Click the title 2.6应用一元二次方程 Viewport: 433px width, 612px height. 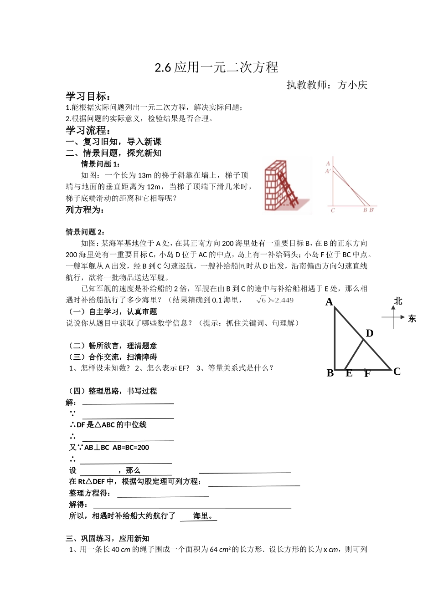click(x=216, y=67)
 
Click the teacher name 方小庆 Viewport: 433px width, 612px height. click(x=352, y=85)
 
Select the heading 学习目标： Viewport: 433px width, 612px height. click(x=88, y=97)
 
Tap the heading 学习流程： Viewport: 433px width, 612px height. click(x=88, y=131)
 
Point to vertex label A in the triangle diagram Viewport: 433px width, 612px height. click(x=329, y=302)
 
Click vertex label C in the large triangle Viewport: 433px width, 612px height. click(x=397, y=372)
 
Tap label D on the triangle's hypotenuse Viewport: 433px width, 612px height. click(x=370, y=333)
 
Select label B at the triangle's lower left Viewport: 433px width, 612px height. click(x=330, y=373)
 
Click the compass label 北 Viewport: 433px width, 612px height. click(x=398, y=301)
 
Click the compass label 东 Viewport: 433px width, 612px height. click(x=412, y=319)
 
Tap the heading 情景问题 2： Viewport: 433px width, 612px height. click(x=86, y=232)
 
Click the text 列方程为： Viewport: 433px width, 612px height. click(x=85, y=210)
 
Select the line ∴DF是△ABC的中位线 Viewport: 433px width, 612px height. click(x=108, y=425)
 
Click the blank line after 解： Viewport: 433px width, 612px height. click(x=128, y=403)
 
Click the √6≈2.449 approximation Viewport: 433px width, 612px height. click(x=275, y=300)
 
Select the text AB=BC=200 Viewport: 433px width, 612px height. click(x=131, y=448)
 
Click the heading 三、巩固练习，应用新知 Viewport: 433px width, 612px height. click(x=108, y=538)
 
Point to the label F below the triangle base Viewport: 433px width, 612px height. click(x=367, y=374)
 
